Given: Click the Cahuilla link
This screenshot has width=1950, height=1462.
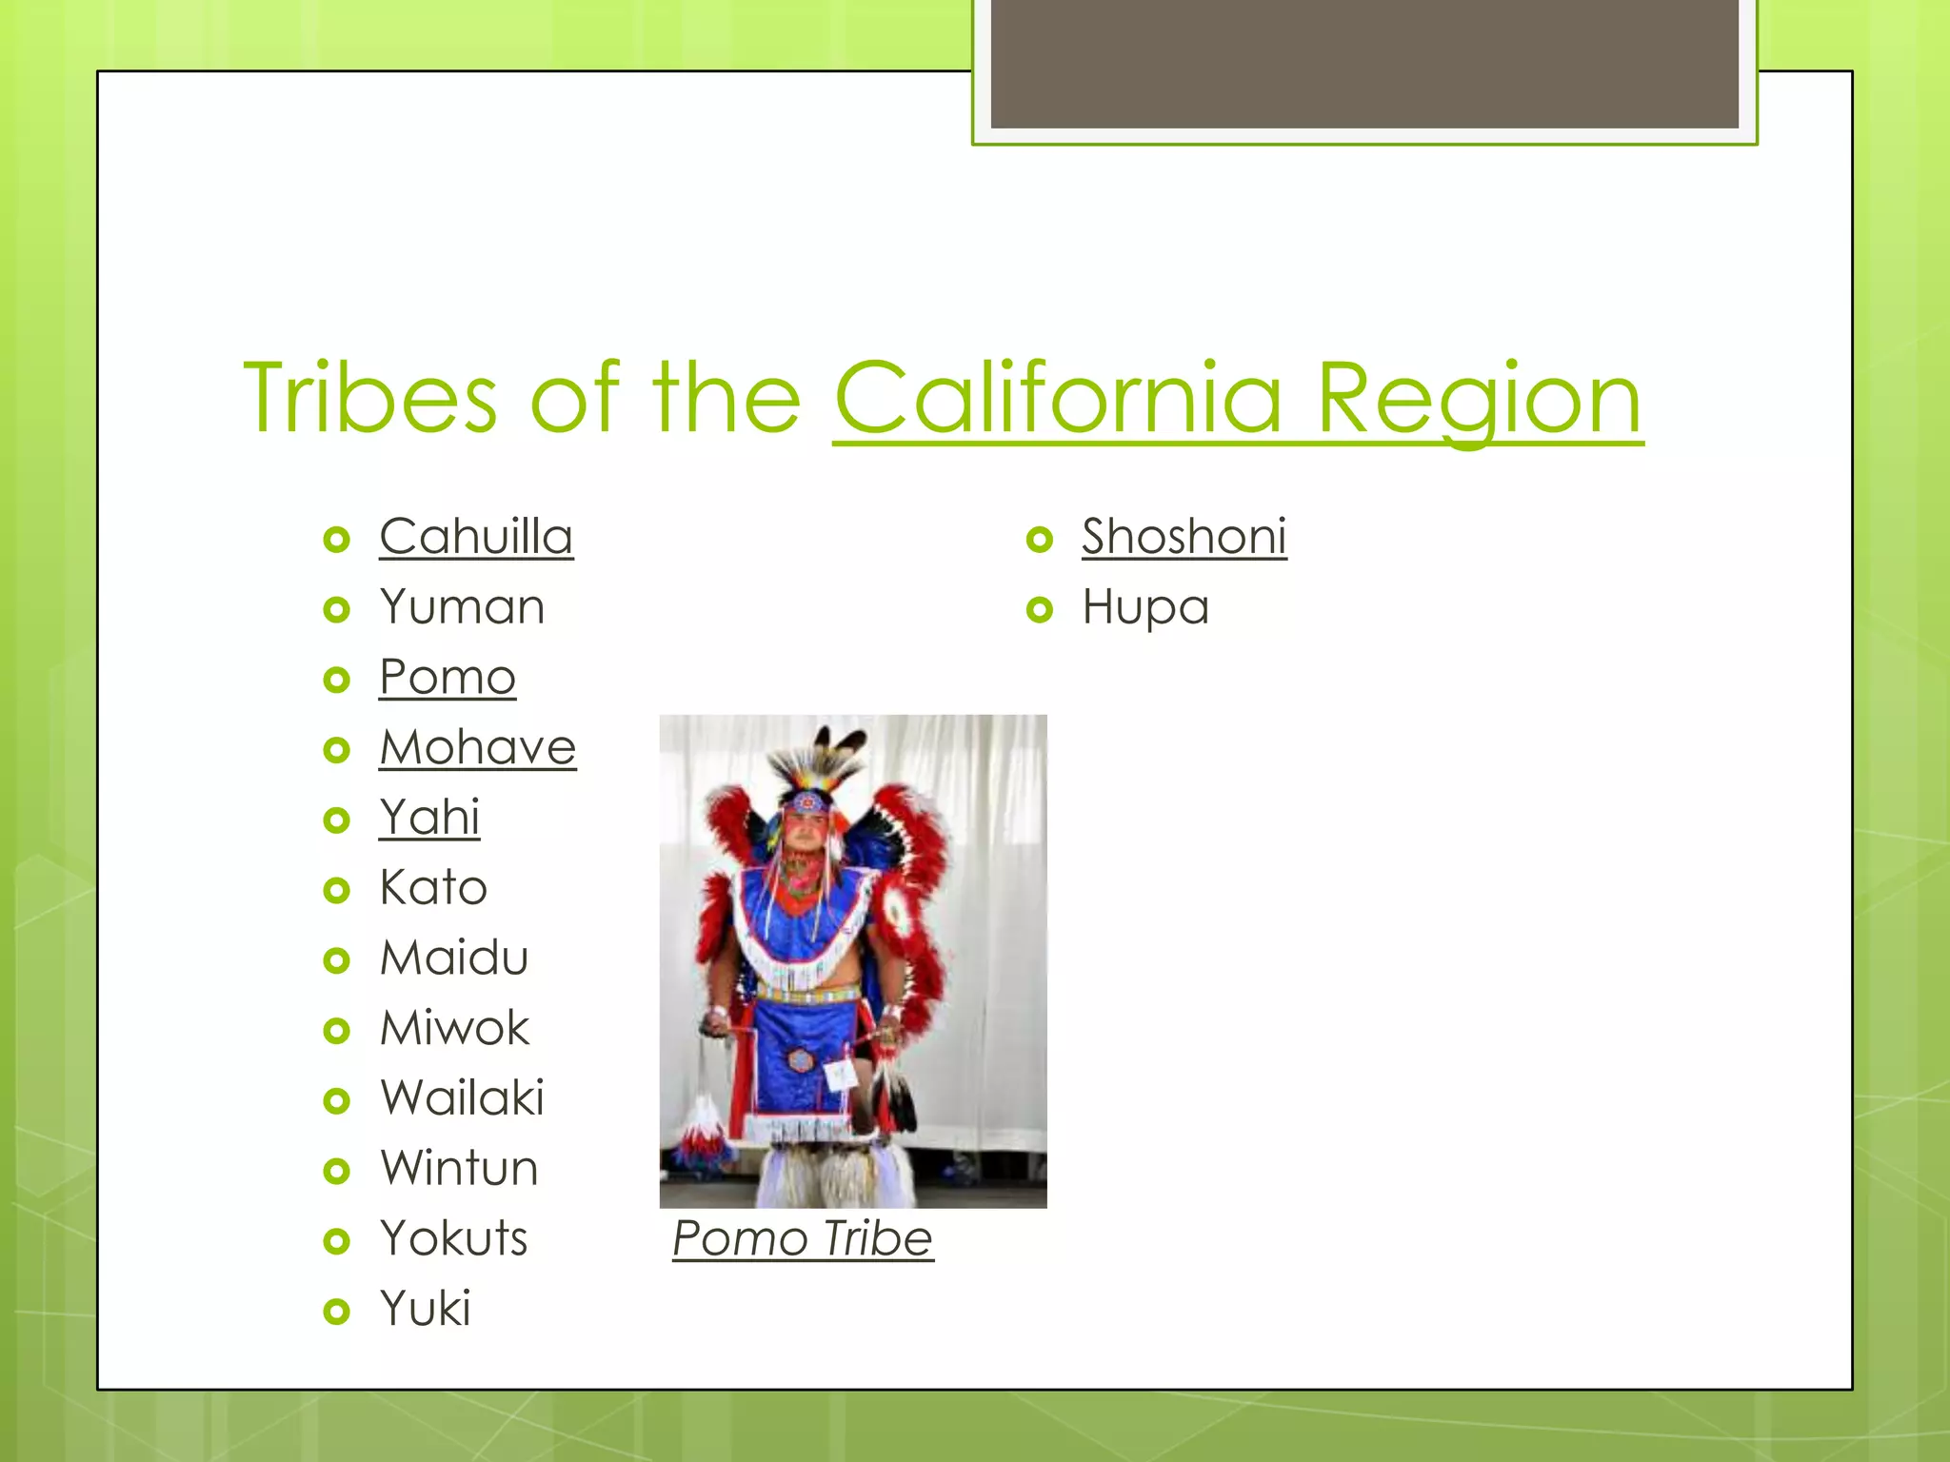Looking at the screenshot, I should (x=476, y=537).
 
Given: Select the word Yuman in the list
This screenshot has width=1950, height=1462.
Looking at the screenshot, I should (x=462, y=607).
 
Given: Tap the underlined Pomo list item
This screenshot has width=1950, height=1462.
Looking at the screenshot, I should (x=448, y=678).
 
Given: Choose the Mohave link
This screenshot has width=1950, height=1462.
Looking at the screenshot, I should (x=478, y=747).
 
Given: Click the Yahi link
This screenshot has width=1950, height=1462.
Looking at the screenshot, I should (x=429, y=818).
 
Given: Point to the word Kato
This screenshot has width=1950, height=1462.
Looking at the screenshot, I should (x=433, y=888).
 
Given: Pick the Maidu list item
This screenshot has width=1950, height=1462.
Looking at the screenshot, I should (x=454, y=958).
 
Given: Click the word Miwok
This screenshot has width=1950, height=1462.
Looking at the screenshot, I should (x=454, y=1028).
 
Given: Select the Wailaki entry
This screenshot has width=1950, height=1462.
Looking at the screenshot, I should (x=462, y=1098).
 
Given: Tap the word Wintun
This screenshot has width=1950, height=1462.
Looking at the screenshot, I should (x=459, y=1168).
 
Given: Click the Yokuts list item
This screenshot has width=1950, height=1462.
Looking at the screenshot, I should (x=453, y=1238).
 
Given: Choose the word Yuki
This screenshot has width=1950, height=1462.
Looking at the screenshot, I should (x=425, y=1309).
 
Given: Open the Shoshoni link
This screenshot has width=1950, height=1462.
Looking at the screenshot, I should (x=1184, y=537).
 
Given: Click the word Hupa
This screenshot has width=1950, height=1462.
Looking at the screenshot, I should (x=1145, y=607).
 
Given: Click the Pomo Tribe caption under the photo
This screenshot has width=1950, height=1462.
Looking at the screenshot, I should (x=803, y=1238).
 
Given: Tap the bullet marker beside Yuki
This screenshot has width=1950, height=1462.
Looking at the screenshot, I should (x=336, y=1312).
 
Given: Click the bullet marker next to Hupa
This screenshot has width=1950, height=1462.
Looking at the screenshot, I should (x=1040, y=610).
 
